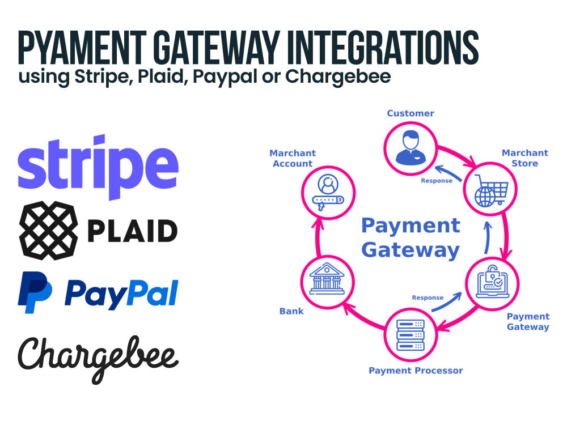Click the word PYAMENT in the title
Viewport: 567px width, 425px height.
pyautogui.click(x=82, y=48)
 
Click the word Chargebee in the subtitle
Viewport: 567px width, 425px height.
pyautogui.click(x=338, y=77)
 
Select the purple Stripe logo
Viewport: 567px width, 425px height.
pyautogui.click(x=98, y=167)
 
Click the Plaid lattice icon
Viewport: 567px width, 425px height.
pyautogui.click(x=48, y=231)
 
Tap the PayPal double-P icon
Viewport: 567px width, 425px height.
pyautogui.click(x=35, y=292)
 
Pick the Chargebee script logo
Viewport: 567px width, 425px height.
pyautogui.click(x=98, y=360)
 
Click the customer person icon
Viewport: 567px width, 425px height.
pyautogui.click(x=411, y=147)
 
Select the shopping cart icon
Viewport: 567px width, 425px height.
pyautogui.click(x=490, y=190)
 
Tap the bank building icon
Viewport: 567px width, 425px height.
pyautogui.click(x=327, y=279)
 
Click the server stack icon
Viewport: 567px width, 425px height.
pyautogui.click(x=411, y=335)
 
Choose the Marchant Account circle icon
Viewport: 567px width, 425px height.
pyautogui.click(x=328, y=193)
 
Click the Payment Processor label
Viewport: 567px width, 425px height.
pyautogui.click(x=416, y=371)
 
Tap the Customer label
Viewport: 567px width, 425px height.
pyautogui.click(x=411, y=113)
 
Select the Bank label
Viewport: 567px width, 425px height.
pyautogui.click(x=291, y=311)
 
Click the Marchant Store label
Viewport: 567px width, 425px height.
pyautogui.click(x=524, y=158)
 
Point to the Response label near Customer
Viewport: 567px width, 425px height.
pyautogui.click(x=437, y=181)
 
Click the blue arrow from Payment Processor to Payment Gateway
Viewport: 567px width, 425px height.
pyautogui.click(x=447, y=303)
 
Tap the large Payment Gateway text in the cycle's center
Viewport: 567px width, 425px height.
pyautogui.click(x=411, y=237)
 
